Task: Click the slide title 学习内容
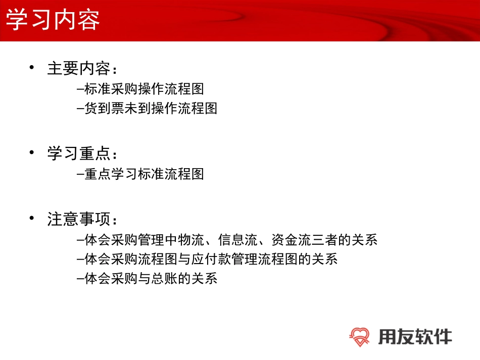coord(53,20)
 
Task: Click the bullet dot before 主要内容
coord(33,67)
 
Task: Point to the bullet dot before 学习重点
coord(33,152)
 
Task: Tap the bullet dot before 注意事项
coord(33,219)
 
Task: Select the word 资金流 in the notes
coord(290,239)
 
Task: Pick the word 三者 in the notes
coord(330,239)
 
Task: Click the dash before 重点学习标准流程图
coord(81,175)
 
